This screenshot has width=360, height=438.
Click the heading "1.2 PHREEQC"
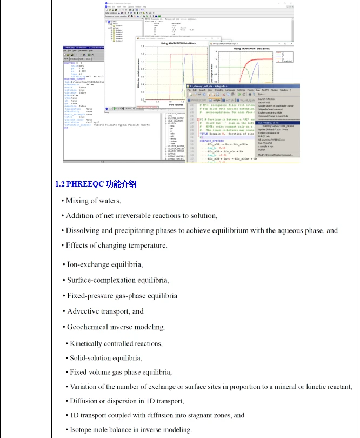80,184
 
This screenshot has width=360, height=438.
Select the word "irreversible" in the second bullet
138,215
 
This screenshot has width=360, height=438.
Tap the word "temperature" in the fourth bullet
149,245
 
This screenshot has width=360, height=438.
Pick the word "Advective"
82,311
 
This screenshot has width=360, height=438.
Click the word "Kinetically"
88,343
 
